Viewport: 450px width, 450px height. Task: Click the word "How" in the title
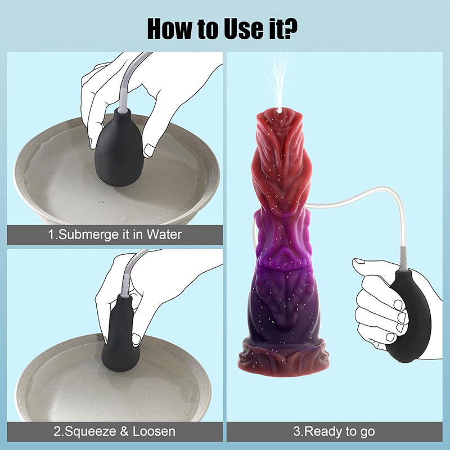tap(170, 29)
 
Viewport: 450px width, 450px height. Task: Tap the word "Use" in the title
tap(244, 29)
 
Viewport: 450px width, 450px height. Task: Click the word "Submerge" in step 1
tap(89, 235)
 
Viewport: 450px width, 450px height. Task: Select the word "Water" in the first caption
tap(164, 235)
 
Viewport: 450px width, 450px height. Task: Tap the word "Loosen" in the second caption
tap(154, 431)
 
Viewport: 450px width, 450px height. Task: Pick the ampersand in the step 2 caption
tap(124, 431)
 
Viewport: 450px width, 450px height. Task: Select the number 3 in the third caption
tap(297, 431)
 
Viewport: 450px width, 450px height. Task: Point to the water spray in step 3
tap(278, 83)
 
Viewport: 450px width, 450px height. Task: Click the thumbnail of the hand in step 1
tap(149, 150)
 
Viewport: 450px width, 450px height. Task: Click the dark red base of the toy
tap(283, 357)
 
